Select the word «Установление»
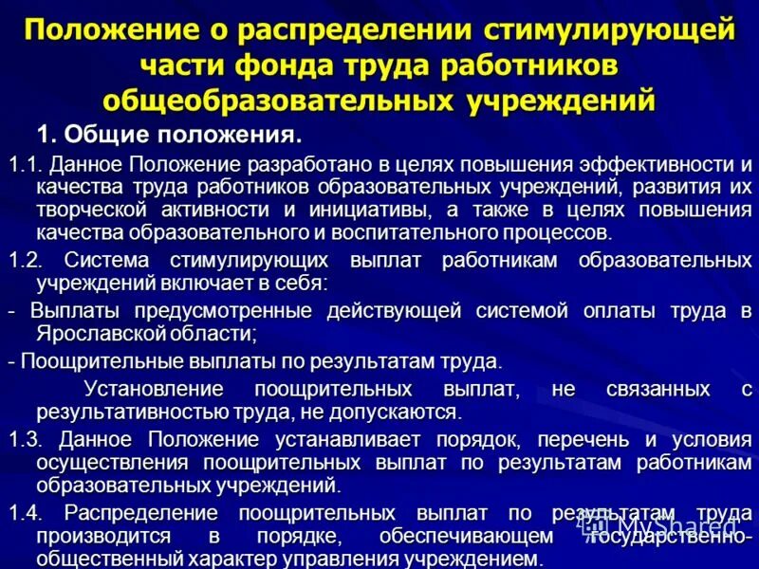[154, 390]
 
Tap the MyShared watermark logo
[664, 527]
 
